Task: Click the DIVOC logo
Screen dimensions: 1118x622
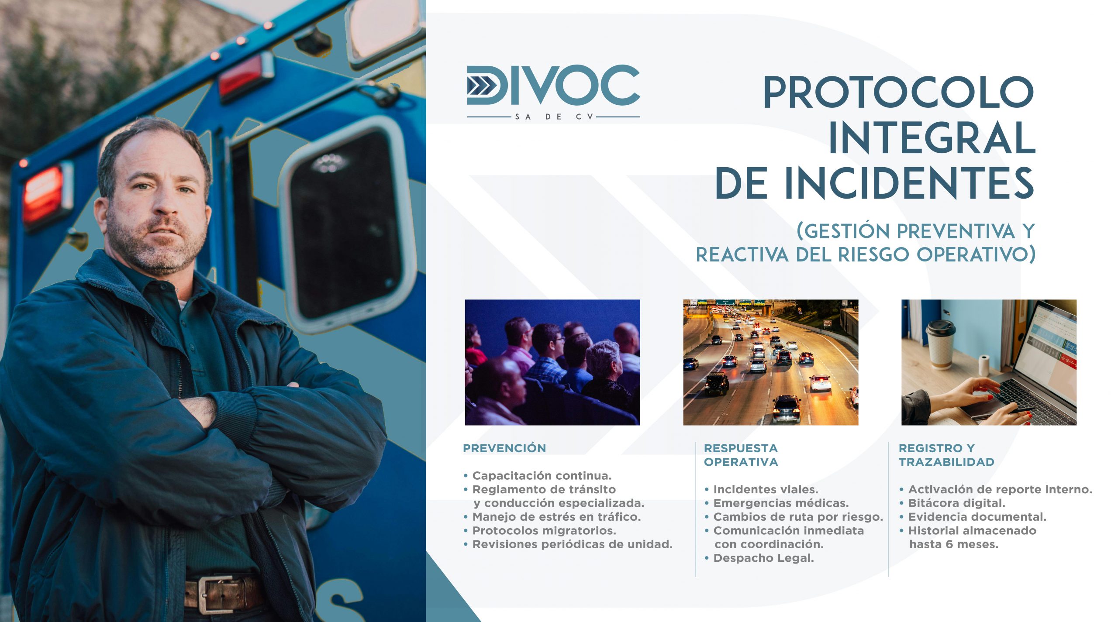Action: click(x=553, y=92)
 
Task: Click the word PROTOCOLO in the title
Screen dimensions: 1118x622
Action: click(x=899, y=93)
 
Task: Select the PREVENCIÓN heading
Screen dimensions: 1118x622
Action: click(x=504, y=448)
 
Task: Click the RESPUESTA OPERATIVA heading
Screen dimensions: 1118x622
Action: click(x=741, y=455)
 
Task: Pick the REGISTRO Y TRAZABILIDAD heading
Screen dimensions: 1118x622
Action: click(x=946, y=455)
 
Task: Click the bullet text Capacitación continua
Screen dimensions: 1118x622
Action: click(x=542, y=475)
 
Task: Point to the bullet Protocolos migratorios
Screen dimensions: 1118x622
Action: click(x=544, y=530)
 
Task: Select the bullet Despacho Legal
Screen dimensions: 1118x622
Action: click(x=764, y=558)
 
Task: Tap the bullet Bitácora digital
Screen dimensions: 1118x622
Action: click(x=957, y=503)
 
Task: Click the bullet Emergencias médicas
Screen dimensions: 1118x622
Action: click(x=781, y=503)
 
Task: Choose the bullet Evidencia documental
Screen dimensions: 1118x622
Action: click(x=977, y=517)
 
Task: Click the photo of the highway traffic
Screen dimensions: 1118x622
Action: click(x=771, y=362)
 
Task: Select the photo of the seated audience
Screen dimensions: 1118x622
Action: click(x=552, y=362)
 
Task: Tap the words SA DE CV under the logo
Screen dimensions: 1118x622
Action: click(x=554, y=117)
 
